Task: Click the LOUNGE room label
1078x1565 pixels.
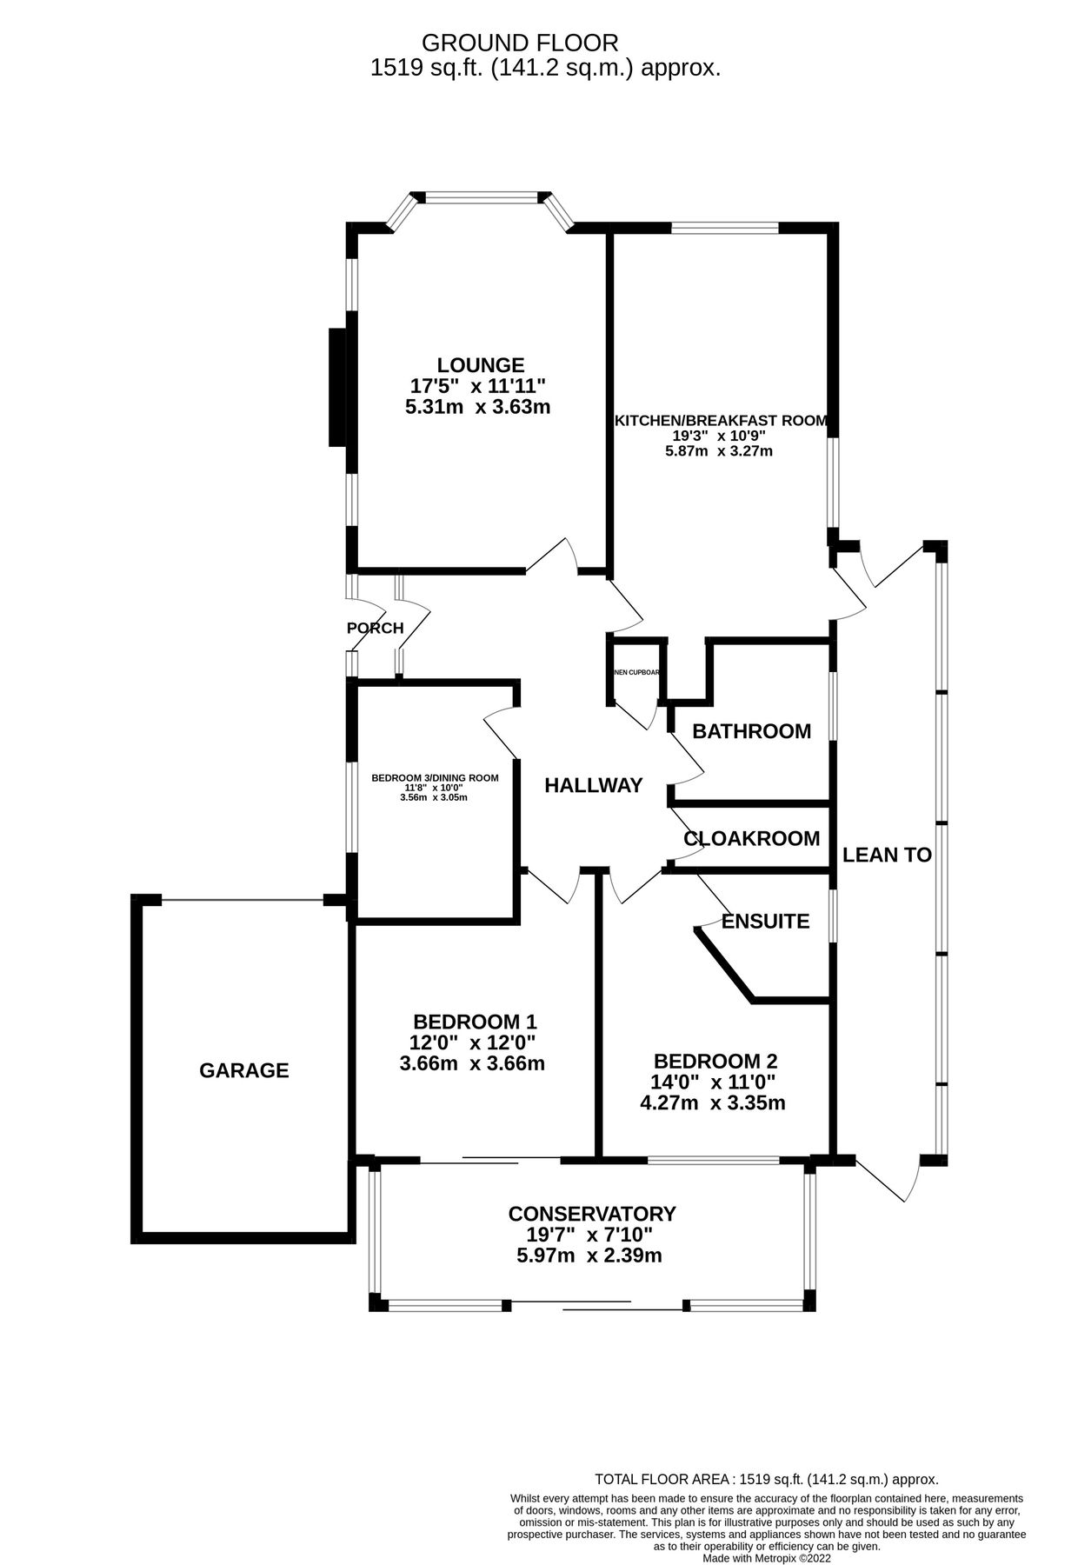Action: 481,365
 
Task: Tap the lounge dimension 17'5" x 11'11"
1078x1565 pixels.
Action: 477,385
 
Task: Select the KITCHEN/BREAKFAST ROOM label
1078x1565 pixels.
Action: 721,421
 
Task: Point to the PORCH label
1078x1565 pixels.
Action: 375,628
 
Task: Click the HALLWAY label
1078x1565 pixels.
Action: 593,786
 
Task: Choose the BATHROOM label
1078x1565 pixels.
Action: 751,731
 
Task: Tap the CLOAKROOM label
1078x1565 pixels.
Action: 751,839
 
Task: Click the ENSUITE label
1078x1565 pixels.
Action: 765,922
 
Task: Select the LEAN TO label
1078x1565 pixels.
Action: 887,855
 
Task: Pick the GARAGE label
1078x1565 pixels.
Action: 244,1070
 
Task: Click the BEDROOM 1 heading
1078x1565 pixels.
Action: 475,1022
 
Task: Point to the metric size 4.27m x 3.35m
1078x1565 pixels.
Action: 713,1103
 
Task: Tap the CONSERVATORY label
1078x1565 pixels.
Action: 592,1214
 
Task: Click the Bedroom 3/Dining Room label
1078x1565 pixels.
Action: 435,778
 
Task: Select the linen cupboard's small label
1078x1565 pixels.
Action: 636,672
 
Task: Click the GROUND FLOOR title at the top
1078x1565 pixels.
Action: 520,43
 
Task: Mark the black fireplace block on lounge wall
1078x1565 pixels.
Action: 337,387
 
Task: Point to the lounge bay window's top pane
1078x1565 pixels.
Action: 480,198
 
